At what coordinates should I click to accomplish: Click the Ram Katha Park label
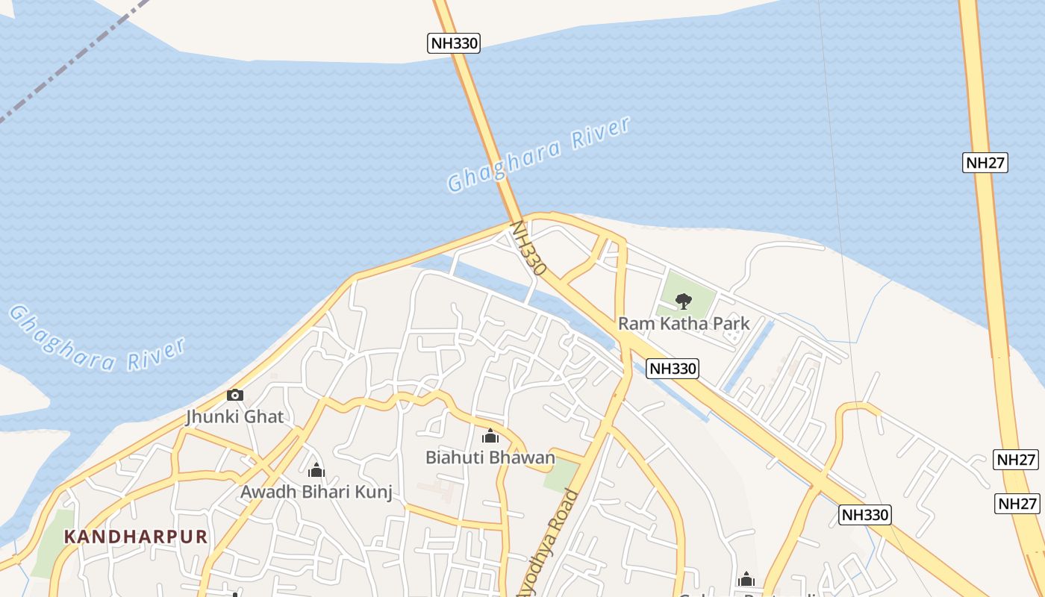point(684,324)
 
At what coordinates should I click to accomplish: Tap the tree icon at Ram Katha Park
point(683,301)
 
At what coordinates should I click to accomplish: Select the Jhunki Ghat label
point(235,416)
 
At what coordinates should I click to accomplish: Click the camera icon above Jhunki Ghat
point(235,395)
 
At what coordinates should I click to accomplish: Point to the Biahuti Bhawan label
point(490,457)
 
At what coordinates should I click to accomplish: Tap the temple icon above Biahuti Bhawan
point(490,436)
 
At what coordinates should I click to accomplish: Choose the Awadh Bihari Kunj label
point(316,492)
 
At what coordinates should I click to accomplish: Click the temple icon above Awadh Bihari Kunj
point(316,470)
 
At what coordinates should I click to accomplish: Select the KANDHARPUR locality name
point(135,537)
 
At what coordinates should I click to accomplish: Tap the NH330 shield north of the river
point(454,43)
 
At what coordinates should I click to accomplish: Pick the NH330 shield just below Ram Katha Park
point(673,368)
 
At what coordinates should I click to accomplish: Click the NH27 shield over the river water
point(985,163)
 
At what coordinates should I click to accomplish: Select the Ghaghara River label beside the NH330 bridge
point(539,154)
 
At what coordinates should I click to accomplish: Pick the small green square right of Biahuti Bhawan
point(561,476)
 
